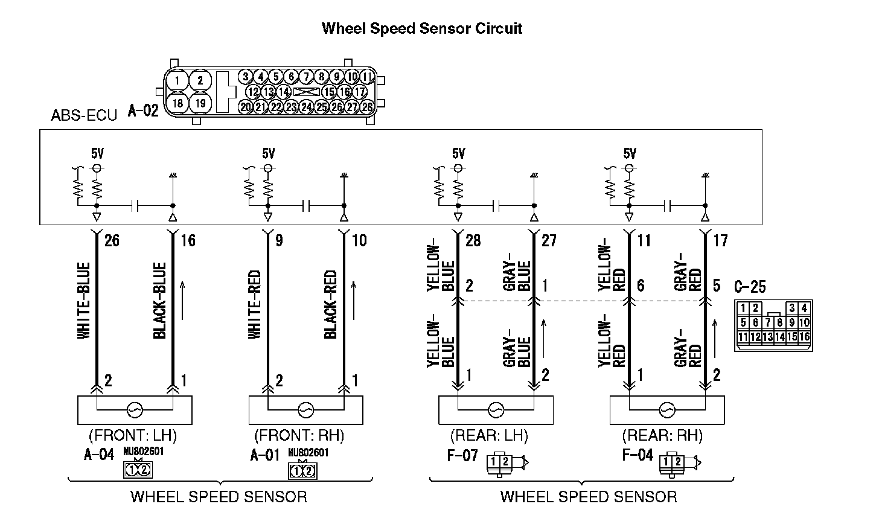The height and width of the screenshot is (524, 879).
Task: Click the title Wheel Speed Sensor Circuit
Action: [x=421, y=28]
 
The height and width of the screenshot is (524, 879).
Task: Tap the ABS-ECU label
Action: [x=84, y=115]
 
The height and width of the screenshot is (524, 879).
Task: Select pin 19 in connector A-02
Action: [x=200, y=103]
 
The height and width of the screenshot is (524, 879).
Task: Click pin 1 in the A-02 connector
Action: [x=177, y=80]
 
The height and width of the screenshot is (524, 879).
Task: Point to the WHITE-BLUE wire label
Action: [x=84, y=300]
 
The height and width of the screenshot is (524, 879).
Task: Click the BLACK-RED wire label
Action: [x=330, y=304]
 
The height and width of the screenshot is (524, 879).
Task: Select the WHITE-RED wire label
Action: [x=255, y=300]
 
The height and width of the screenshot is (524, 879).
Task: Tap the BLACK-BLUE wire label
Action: [x=159, y=300]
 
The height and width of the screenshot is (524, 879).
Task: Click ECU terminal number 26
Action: [x=112, y=241]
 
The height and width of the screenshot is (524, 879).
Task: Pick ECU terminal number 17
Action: [x=720, y=241]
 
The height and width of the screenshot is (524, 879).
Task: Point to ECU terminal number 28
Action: [x=473, y=241]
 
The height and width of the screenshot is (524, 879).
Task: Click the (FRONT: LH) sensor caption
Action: [x=133, y=435]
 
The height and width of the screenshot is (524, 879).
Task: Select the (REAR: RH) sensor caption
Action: [x=663, y=435]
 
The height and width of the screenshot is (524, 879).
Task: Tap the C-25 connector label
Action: [x=750, y=286]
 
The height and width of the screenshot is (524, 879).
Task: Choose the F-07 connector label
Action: [x=462, y=455]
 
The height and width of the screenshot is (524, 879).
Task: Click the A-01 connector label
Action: [x=266, y=455]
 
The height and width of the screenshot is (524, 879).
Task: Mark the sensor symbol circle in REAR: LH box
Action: [x=496, y=410]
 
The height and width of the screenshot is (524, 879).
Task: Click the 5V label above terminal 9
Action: [x=269, y=153]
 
